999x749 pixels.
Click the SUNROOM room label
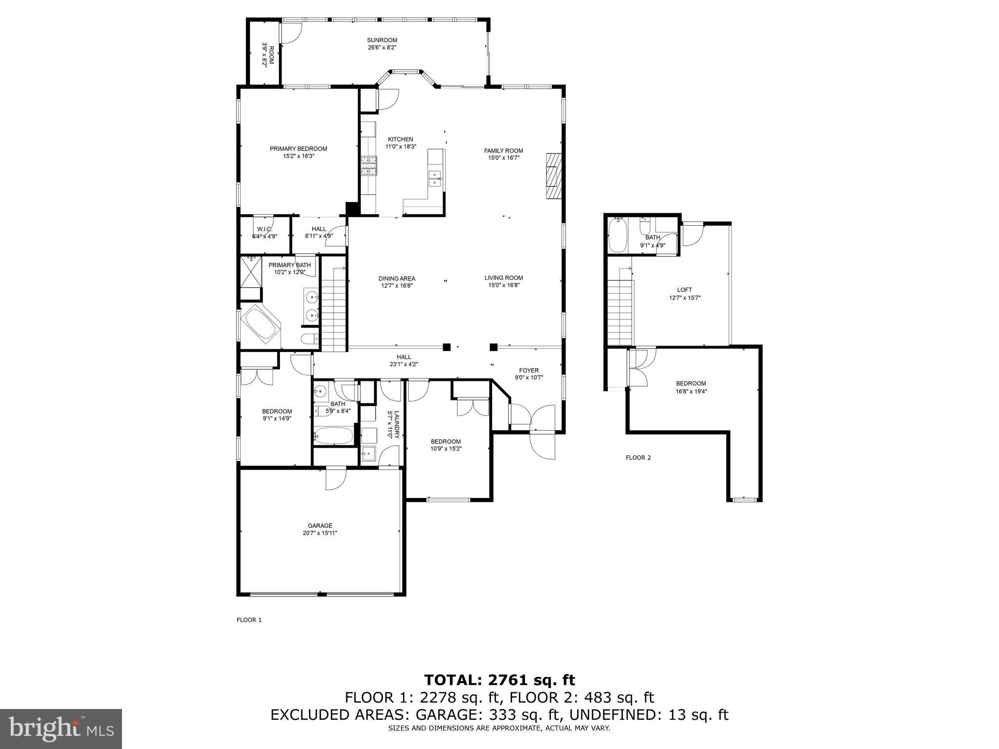click(x=382, y=40)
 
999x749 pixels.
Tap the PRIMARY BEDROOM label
click(x=298, y=149)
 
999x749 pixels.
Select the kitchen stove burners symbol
click(x=369, y=165)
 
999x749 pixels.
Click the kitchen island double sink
click(x=435, y=178)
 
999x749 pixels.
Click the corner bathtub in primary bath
click(x=260, y=324)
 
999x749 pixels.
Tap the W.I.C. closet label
click(x=264, y=229)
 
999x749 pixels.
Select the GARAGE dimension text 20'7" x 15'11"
click(x=320, y=533)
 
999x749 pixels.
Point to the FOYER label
click(x=529, y=370)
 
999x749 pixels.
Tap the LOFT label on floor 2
click(x=684, y=290)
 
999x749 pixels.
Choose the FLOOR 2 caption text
click(x=638, y=457)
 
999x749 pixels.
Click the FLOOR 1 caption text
click(x=249, y=620)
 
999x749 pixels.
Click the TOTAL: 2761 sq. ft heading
click(x=499, y=680)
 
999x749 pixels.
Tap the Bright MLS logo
click(x=61, y=729)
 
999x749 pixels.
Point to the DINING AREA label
click(x=397, y=279)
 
